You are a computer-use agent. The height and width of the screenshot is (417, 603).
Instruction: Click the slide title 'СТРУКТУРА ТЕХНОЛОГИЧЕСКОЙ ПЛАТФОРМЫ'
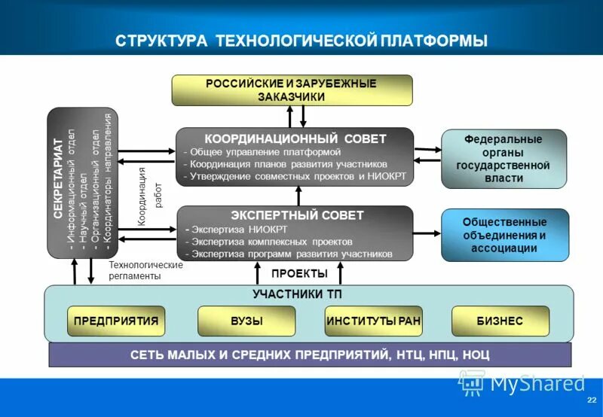301,40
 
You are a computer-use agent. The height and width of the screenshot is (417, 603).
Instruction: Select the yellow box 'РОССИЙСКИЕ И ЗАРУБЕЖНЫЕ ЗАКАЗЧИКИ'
292,90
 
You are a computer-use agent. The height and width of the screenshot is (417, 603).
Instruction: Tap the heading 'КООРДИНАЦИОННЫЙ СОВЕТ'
295,139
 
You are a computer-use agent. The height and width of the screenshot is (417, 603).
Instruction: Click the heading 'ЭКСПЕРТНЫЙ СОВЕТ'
295,215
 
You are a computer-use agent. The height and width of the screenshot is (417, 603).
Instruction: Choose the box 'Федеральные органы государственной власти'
504,159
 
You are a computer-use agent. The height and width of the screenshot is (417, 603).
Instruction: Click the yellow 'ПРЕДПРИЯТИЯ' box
115,321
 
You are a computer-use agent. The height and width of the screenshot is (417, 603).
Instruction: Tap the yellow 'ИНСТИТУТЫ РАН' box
373,321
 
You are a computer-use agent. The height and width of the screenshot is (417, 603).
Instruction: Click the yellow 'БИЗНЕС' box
499,321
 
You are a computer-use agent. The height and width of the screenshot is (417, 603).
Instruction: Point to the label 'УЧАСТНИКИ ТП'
298,294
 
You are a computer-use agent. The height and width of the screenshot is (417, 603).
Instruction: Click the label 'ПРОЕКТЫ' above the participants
299,273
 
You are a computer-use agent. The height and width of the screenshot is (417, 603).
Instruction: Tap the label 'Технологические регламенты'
145,270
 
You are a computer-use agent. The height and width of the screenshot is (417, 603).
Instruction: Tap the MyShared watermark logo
520,384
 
